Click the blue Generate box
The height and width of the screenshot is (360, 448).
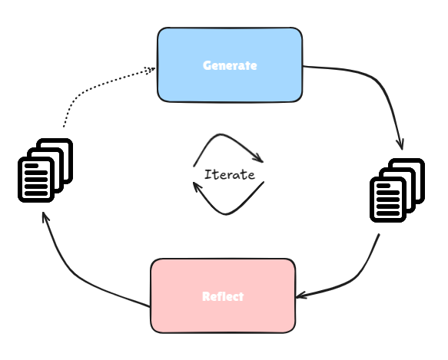click(230, 65)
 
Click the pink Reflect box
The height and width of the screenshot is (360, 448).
click(223, 296)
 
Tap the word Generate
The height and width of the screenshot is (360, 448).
click(230, 66)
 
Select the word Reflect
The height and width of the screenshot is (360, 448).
click(223, 296)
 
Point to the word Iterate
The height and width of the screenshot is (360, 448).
click(230, 175)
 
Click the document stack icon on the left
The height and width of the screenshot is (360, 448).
click(45, 170)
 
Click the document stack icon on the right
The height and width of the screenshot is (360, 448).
click(397, 190)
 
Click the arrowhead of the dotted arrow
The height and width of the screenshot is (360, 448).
click(151, 70)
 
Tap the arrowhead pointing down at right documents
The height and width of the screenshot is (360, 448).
click(400, 144)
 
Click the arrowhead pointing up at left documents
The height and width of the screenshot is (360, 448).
click(45, 217)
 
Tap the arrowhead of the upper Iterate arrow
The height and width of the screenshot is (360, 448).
click(258, 158)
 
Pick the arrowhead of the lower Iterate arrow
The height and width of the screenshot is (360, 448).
click(197, 186)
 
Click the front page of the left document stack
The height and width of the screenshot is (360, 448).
click(36, 180)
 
